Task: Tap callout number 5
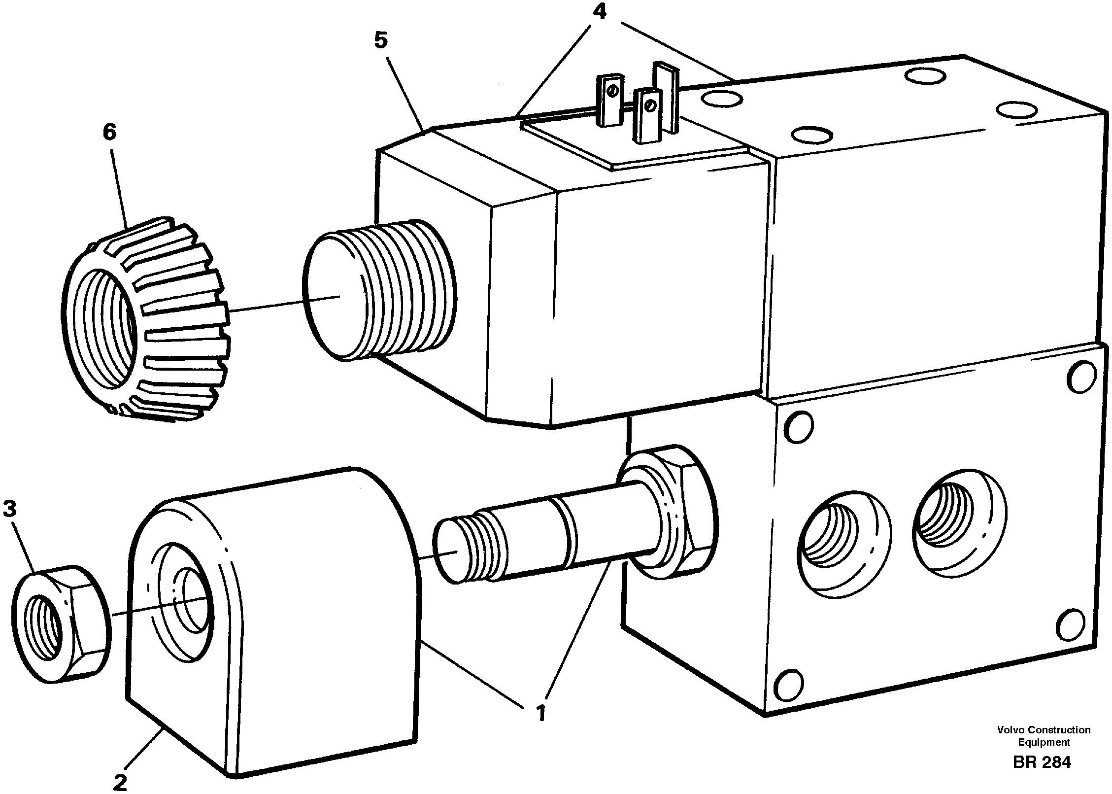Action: pyautogui.click(x=380, y=40)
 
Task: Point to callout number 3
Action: pyautogui.click(x=11, y=509)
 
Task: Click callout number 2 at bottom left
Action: pyautogui.click(x=120, y=782)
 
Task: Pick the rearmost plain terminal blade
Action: pyautogui.click(x=666, y=96)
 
